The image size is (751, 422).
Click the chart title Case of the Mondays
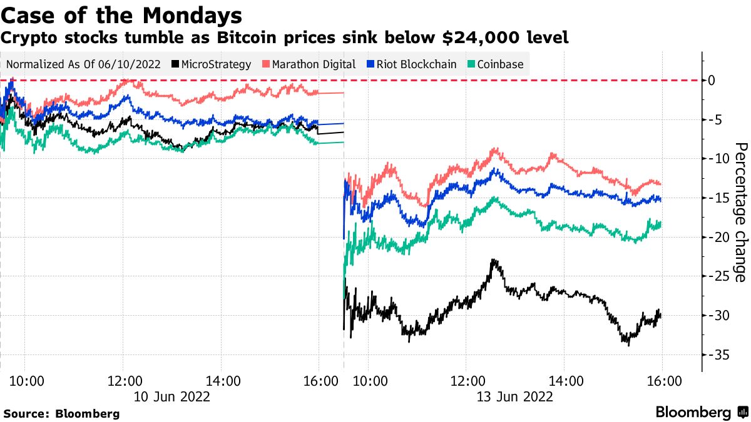pos(123,14)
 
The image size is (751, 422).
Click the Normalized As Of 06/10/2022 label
pos(83,64)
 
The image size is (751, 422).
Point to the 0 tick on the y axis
pos(712,81)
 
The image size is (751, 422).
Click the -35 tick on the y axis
pos(715,355)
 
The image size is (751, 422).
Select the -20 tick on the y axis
pos(715,238)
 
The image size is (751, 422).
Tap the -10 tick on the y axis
pos(715,159)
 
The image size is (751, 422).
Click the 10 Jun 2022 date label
pos(171,396)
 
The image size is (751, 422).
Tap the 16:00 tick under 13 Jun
pos(663,380)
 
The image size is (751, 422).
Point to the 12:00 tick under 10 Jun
pos(123,380)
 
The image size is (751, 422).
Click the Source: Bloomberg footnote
pos(61,413)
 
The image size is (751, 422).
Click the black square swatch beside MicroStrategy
pos(175,64)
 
